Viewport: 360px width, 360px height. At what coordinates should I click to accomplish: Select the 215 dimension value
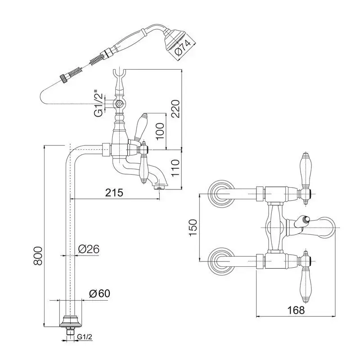(115, 193)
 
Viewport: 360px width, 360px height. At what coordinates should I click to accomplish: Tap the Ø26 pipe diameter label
(89, 249)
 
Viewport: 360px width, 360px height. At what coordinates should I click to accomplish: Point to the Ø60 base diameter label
(99, 293)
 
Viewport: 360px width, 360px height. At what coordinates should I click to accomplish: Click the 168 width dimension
(295, 310)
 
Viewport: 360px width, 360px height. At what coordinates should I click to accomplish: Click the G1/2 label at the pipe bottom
(85, 337)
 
